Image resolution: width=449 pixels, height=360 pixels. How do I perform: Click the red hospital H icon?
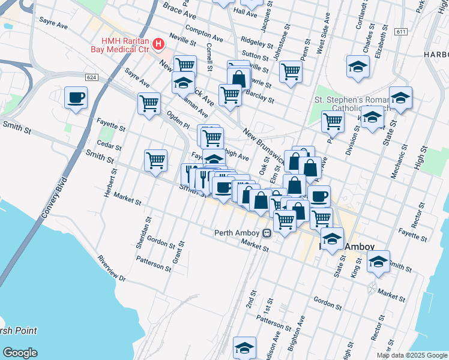click(x=158, y=44)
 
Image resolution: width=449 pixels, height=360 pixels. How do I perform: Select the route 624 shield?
click(x=91, y=77)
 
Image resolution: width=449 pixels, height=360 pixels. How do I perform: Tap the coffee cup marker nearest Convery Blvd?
click(x=76, y=98)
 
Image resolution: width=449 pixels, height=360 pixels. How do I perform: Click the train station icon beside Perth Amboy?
click(x=266, y=233)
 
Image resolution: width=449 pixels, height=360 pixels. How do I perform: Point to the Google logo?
click(x=20, y=352)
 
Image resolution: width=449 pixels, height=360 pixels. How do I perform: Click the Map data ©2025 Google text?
click(x=411, y=355)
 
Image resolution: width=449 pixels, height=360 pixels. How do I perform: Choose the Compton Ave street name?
click(x=204, y=32)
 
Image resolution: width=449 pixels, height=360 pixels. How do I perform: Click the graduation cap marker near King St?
click(x=378, y=262)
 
